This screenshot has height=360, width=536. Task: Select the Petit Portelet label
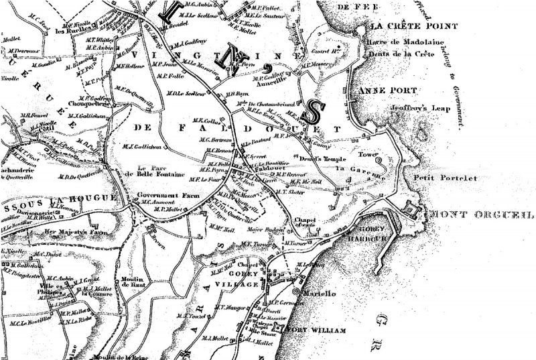(436, 178)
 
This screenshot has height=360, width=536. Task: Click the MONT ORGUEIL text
(482, 215)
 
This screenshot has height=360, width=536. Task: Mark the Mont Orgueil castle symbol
(411, 212)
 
